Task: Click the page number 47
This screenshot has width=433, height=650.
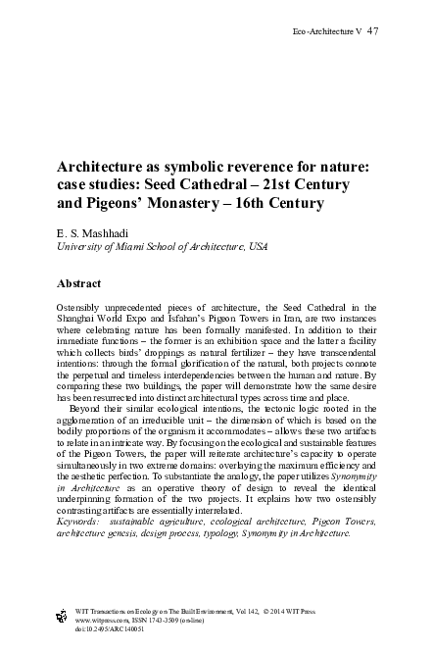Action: pyautogui.click(x=373, y=31)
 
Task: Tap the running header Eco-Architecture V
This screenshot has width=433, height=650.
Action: pyautogui.click(x=327, y=32)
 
